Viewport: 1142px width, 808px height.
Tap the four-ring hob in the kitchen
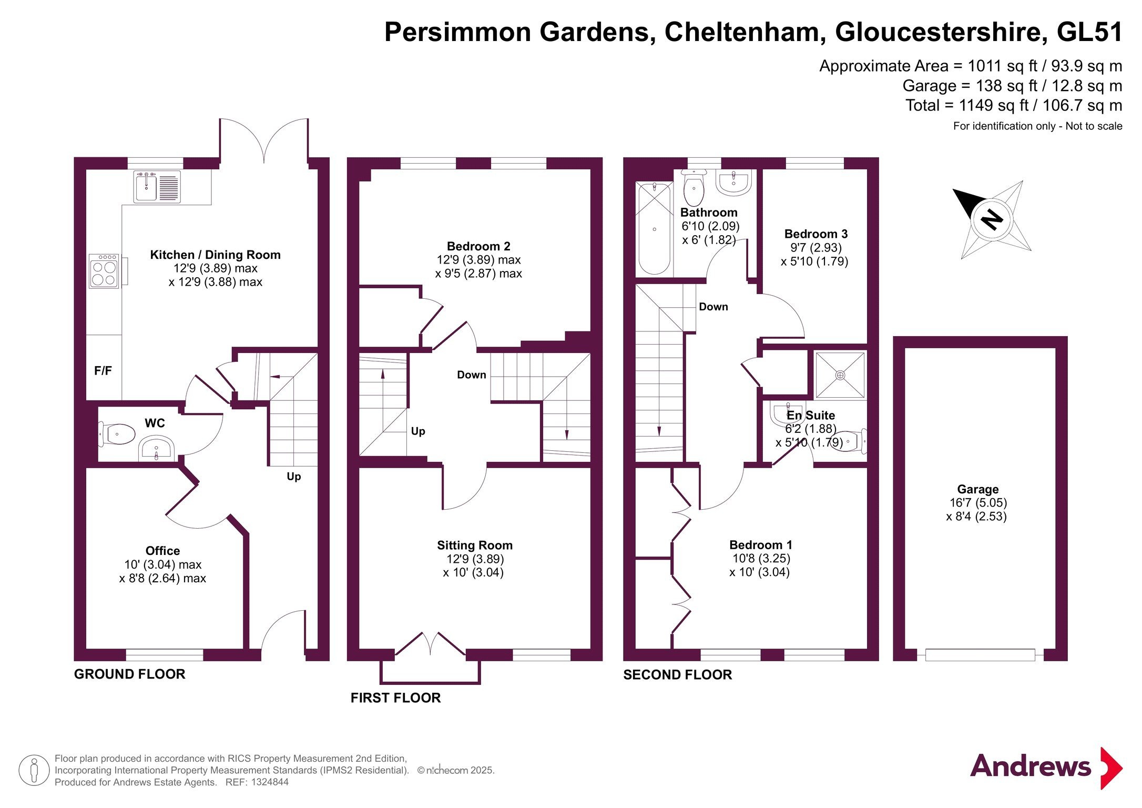point(104,271)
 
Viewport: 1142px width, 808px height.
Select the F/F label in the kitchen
point(103,371)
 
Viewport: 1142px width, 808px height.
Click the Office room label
point(162,551)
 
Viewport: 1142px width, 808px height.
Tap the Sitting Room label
point(474,546)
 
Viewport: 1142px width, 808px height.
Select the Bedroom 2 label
point(478,246)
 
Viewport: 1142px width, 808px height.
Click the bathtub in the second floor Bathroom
point(654,228)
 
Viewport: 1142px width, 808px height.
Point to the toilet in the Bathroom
point(694,189)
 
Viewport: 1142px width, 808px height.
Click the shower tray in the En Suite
point(840,375)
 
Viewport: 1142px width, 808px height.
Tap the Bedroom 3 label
point(815,234)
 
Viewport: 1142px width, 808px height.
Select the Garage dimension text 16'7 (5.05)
point(977,503)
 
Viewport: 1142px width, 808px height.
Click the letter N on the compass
point(992,219)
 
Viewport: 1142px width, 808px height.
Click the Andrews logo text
point(1030,766)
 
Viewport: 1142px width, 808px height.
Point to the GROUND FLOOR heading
point(129,674)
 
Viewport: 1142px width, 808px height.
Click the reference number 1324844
point(269,782)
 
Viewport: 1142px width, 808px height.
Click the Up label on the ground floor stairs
point(293,477)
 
